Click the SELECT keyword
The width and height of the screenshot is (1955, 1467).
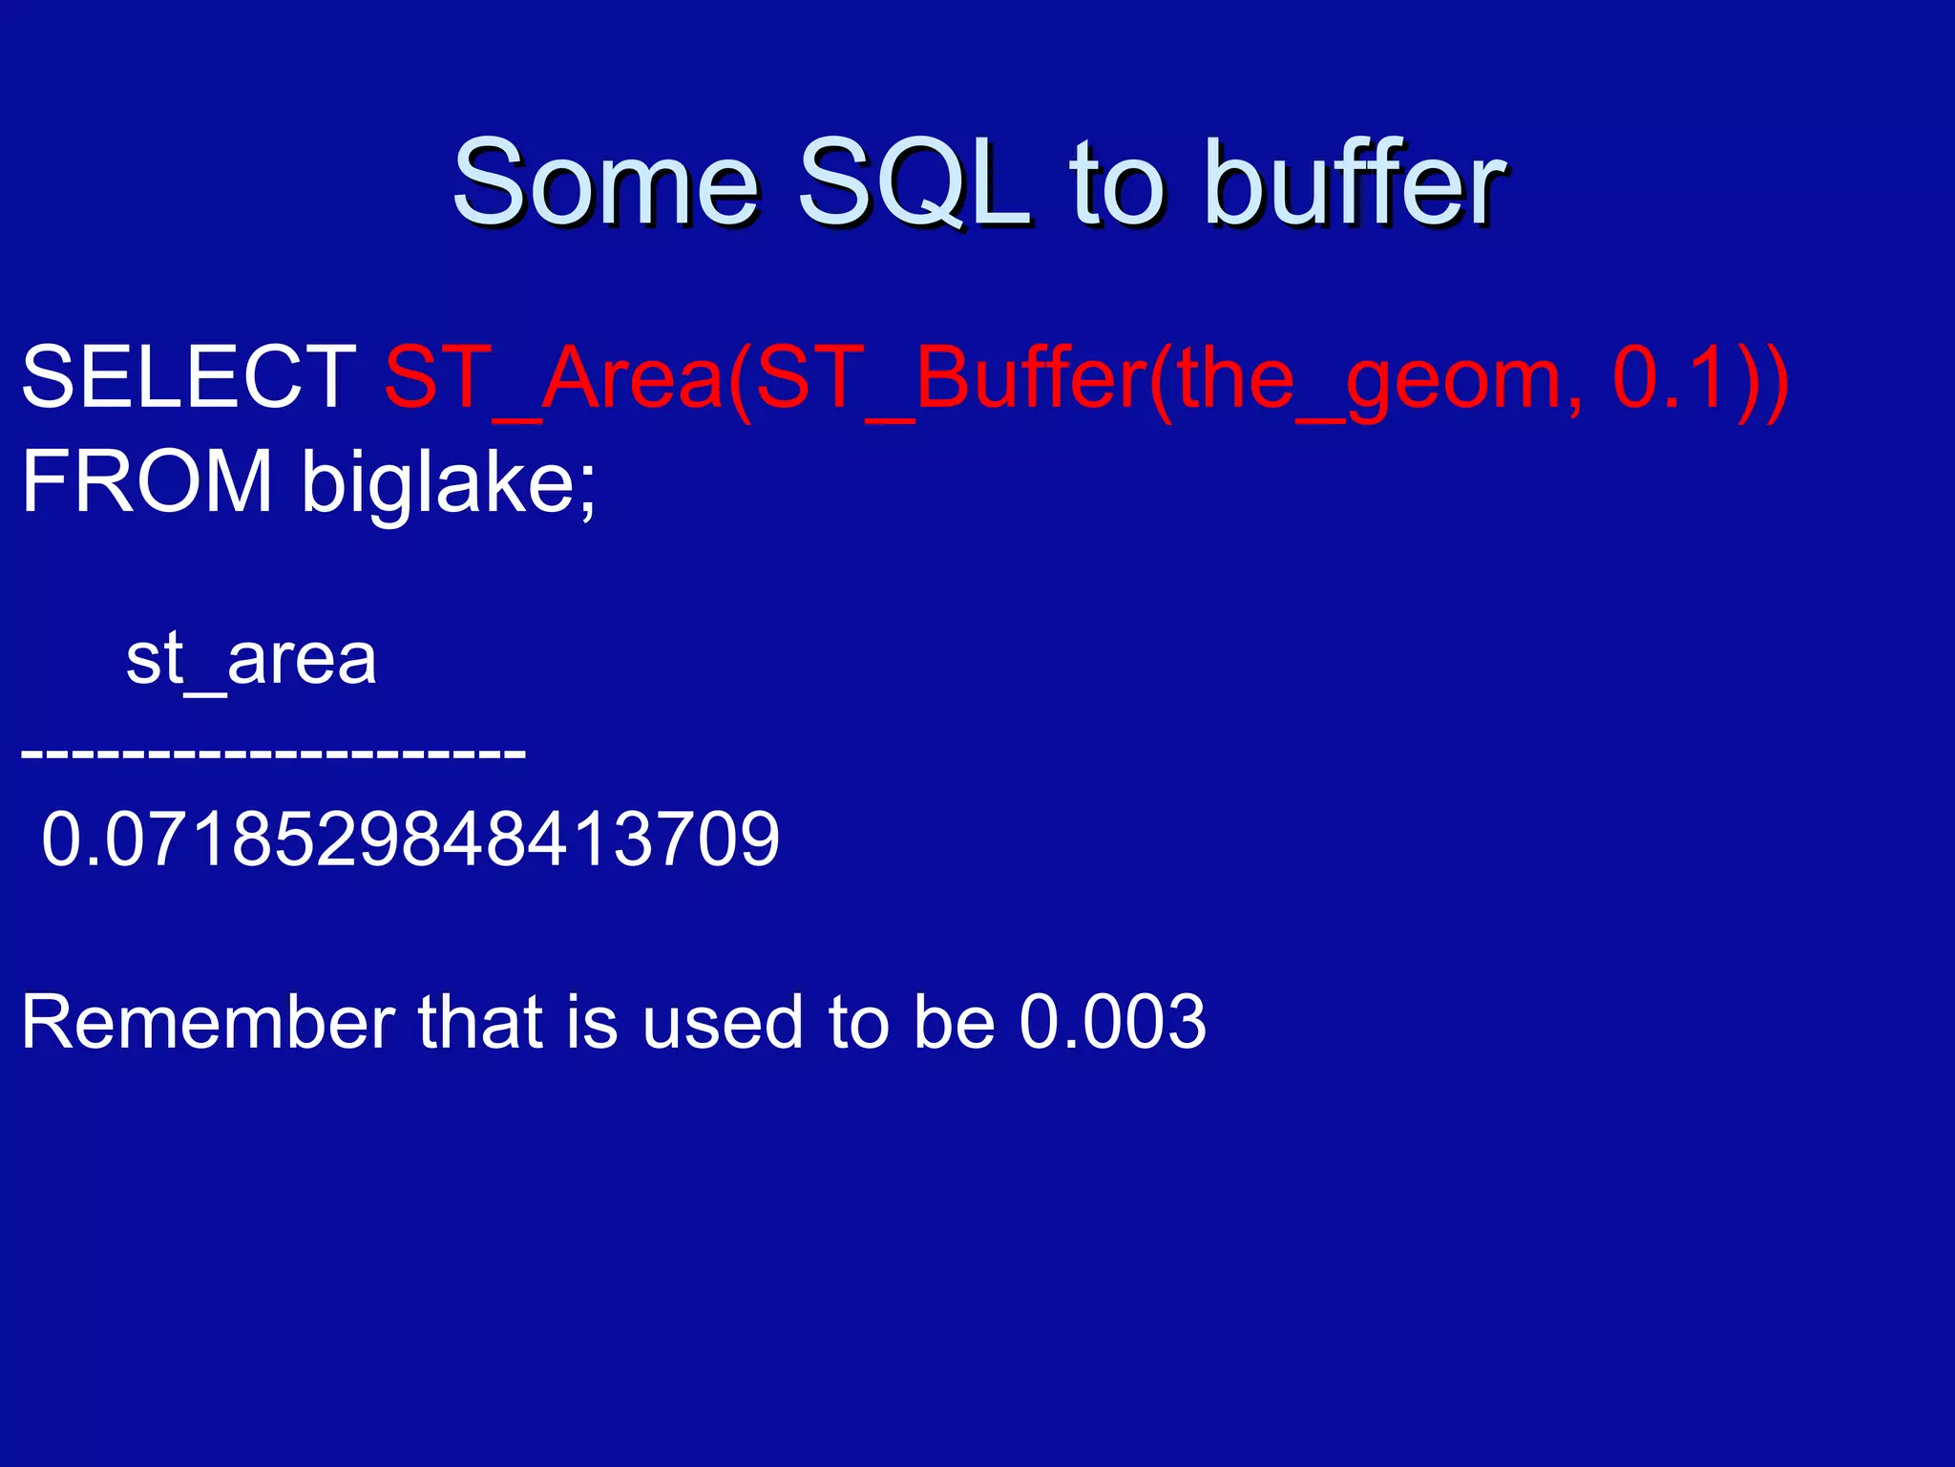tap(189, 378)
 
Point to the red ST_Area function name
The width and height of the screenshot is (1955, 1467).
tap(554, 378)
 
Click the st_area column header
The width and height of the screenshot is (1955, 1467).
tap(252, 659)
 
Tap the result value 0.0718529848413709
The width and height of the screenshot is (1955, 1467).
tap(410, 840)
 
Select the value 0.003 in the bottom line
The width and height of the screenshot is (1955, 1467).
tap(1112, 1023)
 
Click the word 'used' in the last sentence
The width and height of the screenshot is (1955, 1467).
tap(722, 1023)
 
